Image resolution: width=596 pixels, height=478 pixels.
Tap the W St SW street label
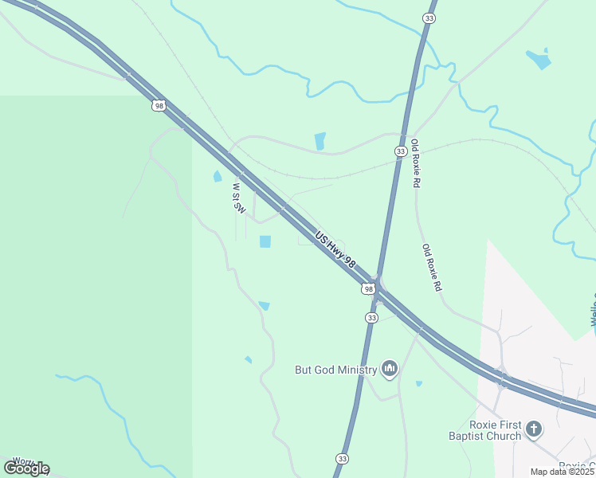click(237, 198)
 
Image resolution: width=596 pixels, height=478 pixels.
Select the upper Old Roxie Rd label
click(415, 165)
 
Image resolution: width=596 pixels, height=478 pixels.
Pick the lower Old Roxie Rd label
click(431, 267)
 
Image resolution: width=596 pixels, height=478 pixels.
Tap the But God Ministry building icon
click(390, 368)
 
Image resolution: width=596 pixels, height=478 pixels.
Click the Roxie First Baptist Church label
click(484, 429)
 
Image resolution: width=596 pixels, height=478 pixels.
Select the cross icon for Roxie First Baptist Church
click(534, 429)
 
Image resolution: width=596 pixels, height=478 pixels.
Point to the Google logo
click(26, 468)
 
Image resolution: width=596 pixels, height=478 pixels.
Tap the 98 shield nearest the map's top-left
click(159, 105)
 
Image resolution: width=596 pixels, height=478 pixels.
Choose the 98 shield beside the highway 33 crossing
click(367, 288)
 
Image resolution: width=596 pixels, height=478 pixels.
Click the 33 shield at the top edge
click(429, 18)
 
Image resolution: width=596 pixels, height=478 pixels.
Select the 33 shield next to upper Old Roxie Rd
click(401, 151)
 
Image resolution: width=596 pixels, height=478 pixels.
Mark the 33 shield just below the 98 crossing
click(371, 317)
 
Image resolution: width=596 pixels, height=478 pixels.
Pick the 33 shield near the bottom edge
click(342, 459)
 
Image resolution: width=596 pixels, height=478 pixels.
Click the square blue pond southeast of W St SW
click(265, 241)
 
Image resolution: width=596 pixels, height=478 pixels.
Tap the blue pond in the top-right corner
click(539, 58)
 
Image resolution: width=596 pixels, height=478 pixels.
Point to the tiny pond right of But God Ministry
click(419, 383)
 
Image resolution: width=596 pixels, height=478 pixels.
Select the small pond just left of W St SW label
click(218, 176)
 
